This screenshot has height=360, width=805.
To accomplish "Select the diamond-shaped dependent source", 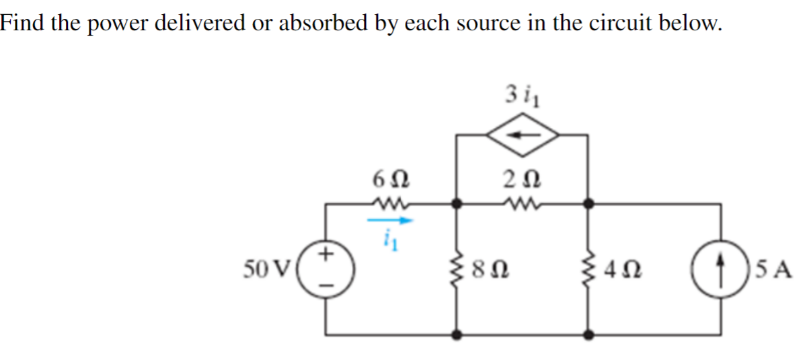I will tap(523, 135).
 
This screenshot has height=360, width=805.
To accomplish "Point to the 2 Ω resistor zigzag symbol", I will tap(523, 201).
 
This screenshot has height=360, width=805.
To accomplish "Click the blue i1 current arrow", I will tap(390, 219).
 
